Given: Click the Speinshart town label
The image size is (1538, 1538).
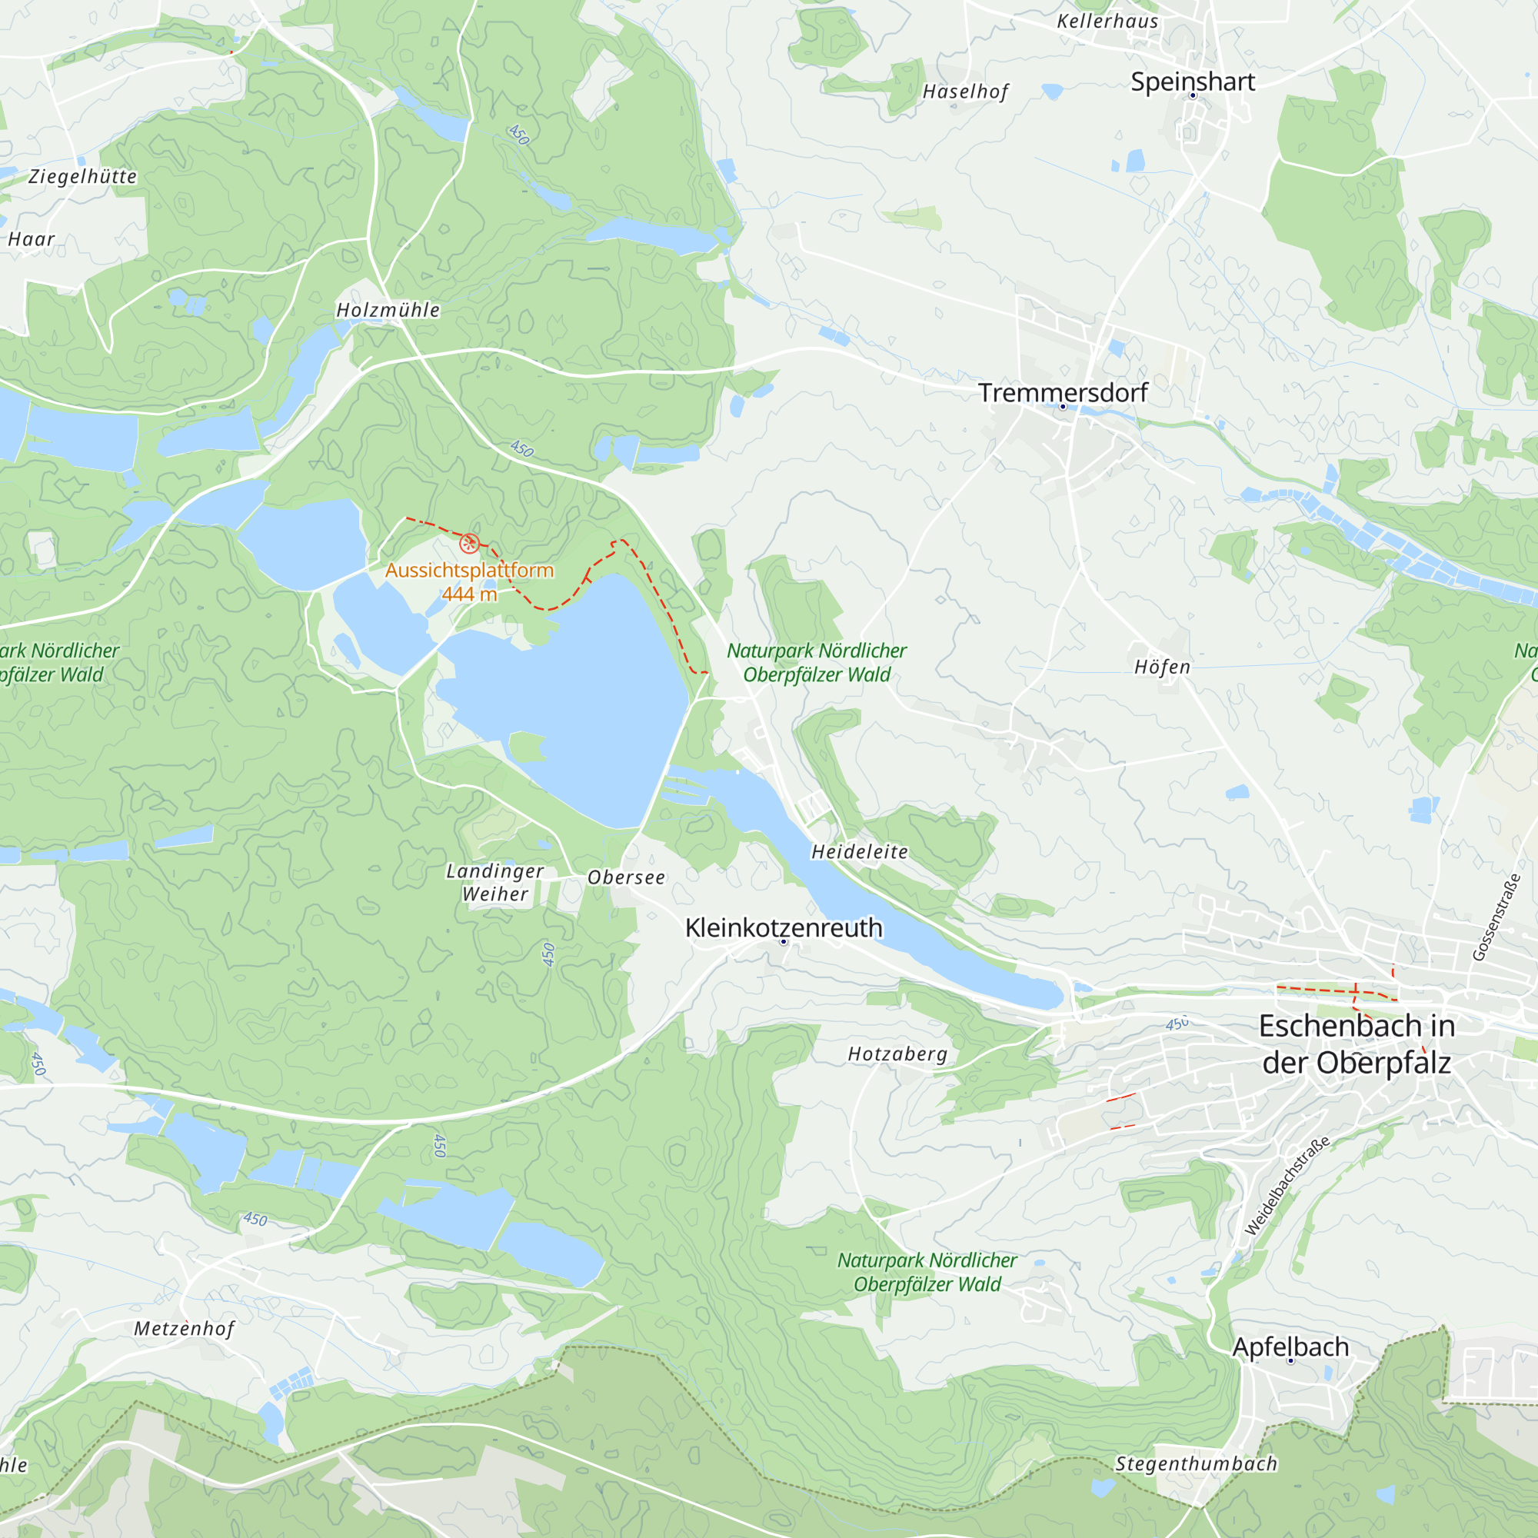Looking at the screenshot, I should [x=1193, y=82].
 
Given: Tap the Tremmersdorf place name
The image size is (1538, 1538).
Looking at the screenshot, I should [x=1063, y=392].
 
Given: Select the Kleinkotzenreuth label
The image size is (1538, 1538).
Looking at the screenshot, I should [x=784, y=927].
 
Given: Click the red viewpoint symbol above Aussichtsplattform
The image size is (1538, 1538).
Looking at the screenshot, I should [x=470, y=543].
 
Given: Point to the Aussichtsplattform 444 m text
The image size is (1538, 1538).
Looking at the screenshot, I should [x=470, y=582].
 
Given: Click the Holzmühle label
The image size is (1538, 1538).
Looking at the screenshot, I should [x=388, y=310].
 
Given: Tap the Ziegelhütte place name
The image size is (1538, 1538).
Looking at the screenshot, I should [x=83, y=177].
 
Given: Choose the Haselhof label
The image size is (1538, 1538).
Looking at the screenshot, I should [x=966, y=92].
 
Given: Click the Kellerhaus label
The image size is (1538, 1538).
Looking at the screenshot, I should [x=1107, y=22].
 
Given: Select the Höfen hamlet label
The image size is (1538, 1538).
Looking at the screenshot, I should [x=1162, y=667].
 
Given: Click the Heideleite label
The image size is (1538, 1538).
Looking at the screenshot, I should [x=860, y=852].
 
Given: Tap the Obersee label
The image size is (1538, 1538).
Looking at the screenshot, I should [x=627, y=877].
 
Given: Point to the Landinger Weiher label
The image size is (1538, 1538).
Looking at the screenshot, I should [x=495, y=882].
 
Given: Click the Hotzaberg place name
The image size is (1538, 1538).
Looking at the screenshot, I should [x=897, y=1054].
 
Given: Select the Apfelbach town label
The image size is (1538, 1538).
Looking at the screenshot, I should [x=1290, y=1347].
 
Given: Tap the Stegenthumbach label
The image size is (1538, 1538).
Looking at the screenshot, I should [x=1196, y=1464].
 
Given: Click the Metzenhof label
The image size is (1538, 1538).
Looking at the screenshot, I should [x=185, y=1329].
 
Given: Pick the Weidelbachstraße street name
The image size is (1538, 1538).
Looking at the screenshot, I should [x=1287, y=1185].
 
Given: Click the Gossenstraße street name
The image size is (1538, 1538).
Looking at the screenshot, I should [x=1496, y=918].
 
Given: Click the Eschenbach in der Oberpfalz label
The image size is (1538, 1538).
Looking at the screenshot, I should [x=1357, y=1044].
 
